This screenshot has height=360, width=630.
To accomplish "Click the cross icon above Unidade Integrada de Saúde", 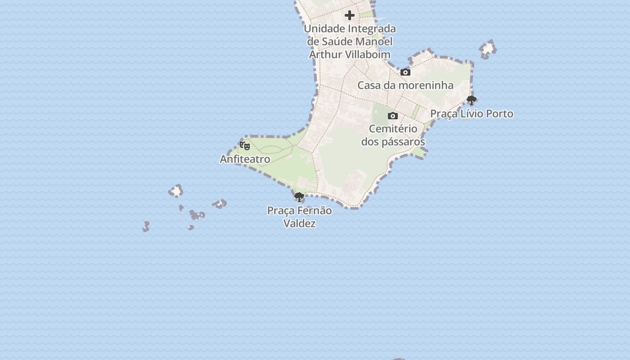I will pos(350,16).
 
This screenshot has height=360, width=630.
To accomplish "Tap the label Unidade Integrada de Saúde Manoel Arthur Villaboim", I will pos(350,41).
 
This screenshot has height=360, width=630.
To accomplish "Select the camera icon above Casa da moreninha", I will pos(405,72).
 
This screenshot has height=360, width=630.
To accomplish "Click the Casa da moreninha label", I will pos(405,85).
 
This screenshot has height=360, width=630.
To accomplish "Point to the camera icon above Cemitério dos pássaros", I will pos(393,116).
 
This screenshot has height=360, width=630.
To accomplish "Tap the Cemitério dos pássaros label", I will pos(393,135).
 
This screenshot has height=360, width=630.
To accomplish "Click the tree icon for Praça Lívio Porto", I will pos(471,100).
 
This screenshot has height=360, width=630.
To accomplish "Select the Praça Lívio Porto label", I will pos(472,114).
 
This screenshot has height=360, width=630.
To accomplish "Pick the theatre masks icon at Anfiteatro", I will pos(245,146).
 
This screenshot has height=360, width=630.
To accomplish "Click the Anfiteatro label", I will pos(245,159).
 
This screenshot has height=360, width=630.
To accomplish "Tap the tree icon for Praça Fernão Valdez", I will pos(299,197).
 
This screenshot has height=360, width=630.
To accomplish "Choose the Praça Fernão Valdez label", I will pos(299,217).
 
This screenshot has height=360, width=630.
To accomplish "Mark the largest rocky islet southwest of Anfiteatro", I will pos(175,192).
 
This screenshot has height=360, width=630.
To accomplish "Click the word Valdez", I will pos(299,224).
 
